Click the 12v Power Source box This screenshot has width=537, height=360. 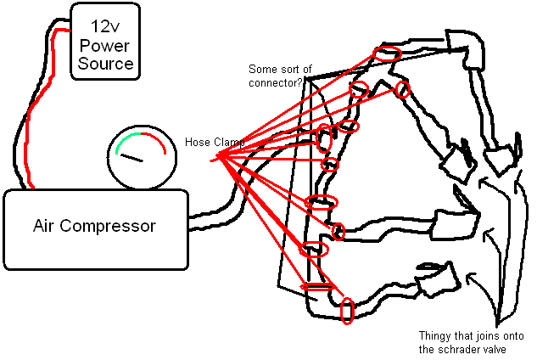(x=105, y=42)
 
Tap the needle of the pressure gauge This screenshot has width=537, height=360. (x=132, y=158)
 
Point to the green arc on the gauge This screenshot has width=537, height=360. (x=125, y=138)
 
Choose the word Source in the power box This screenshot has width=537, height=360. (x=105, y=64)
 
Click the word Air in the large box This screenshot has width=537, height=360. (x=44, y=227)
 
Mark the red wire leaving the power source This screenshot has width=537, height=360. (x=28, y=119)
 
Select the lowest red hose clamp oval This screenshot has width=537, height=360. (x=346, y=311)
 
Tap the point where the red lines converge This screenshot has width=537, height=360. (x=220, y=155)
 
